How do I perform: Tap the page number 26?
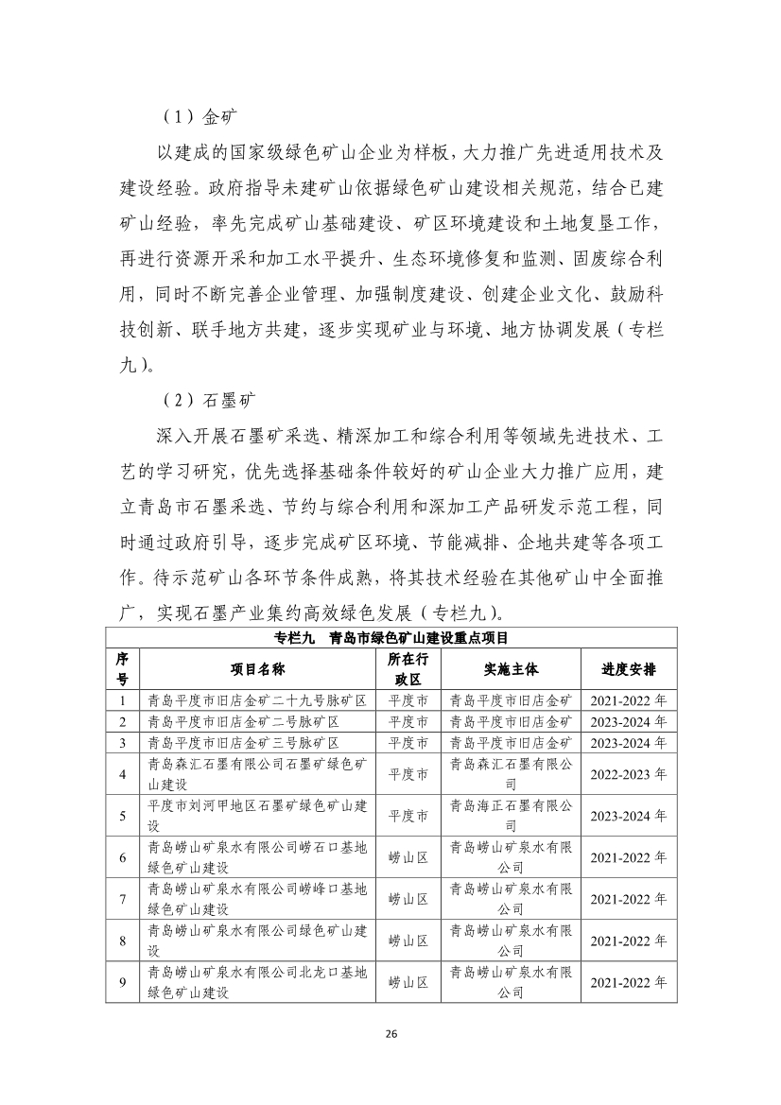coord(390,1033)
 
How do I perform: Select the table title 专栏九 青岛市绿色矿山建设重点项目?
coord(390,636)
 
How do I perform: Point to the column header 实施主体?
coord(511,669)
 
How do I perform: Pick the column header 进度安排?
coord(629,669)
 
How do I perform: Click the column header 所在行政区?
coord(409,669)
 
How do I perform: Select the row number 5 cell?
coord(123,815)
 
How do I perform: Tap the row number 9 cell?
coord(123,983)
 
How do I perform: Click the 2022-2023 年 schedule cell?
coord(629,773)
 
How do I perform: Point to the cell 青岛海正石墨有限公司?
coord(511,815)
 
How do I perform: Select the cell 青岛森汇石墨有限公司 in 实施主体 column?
coord(511,773)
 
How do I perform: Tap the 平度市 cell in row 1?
coord(409,701)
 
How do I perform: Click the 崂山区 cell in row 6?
coord(409,857)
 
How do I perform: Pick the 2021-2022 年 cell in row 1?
coord(629,701)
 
